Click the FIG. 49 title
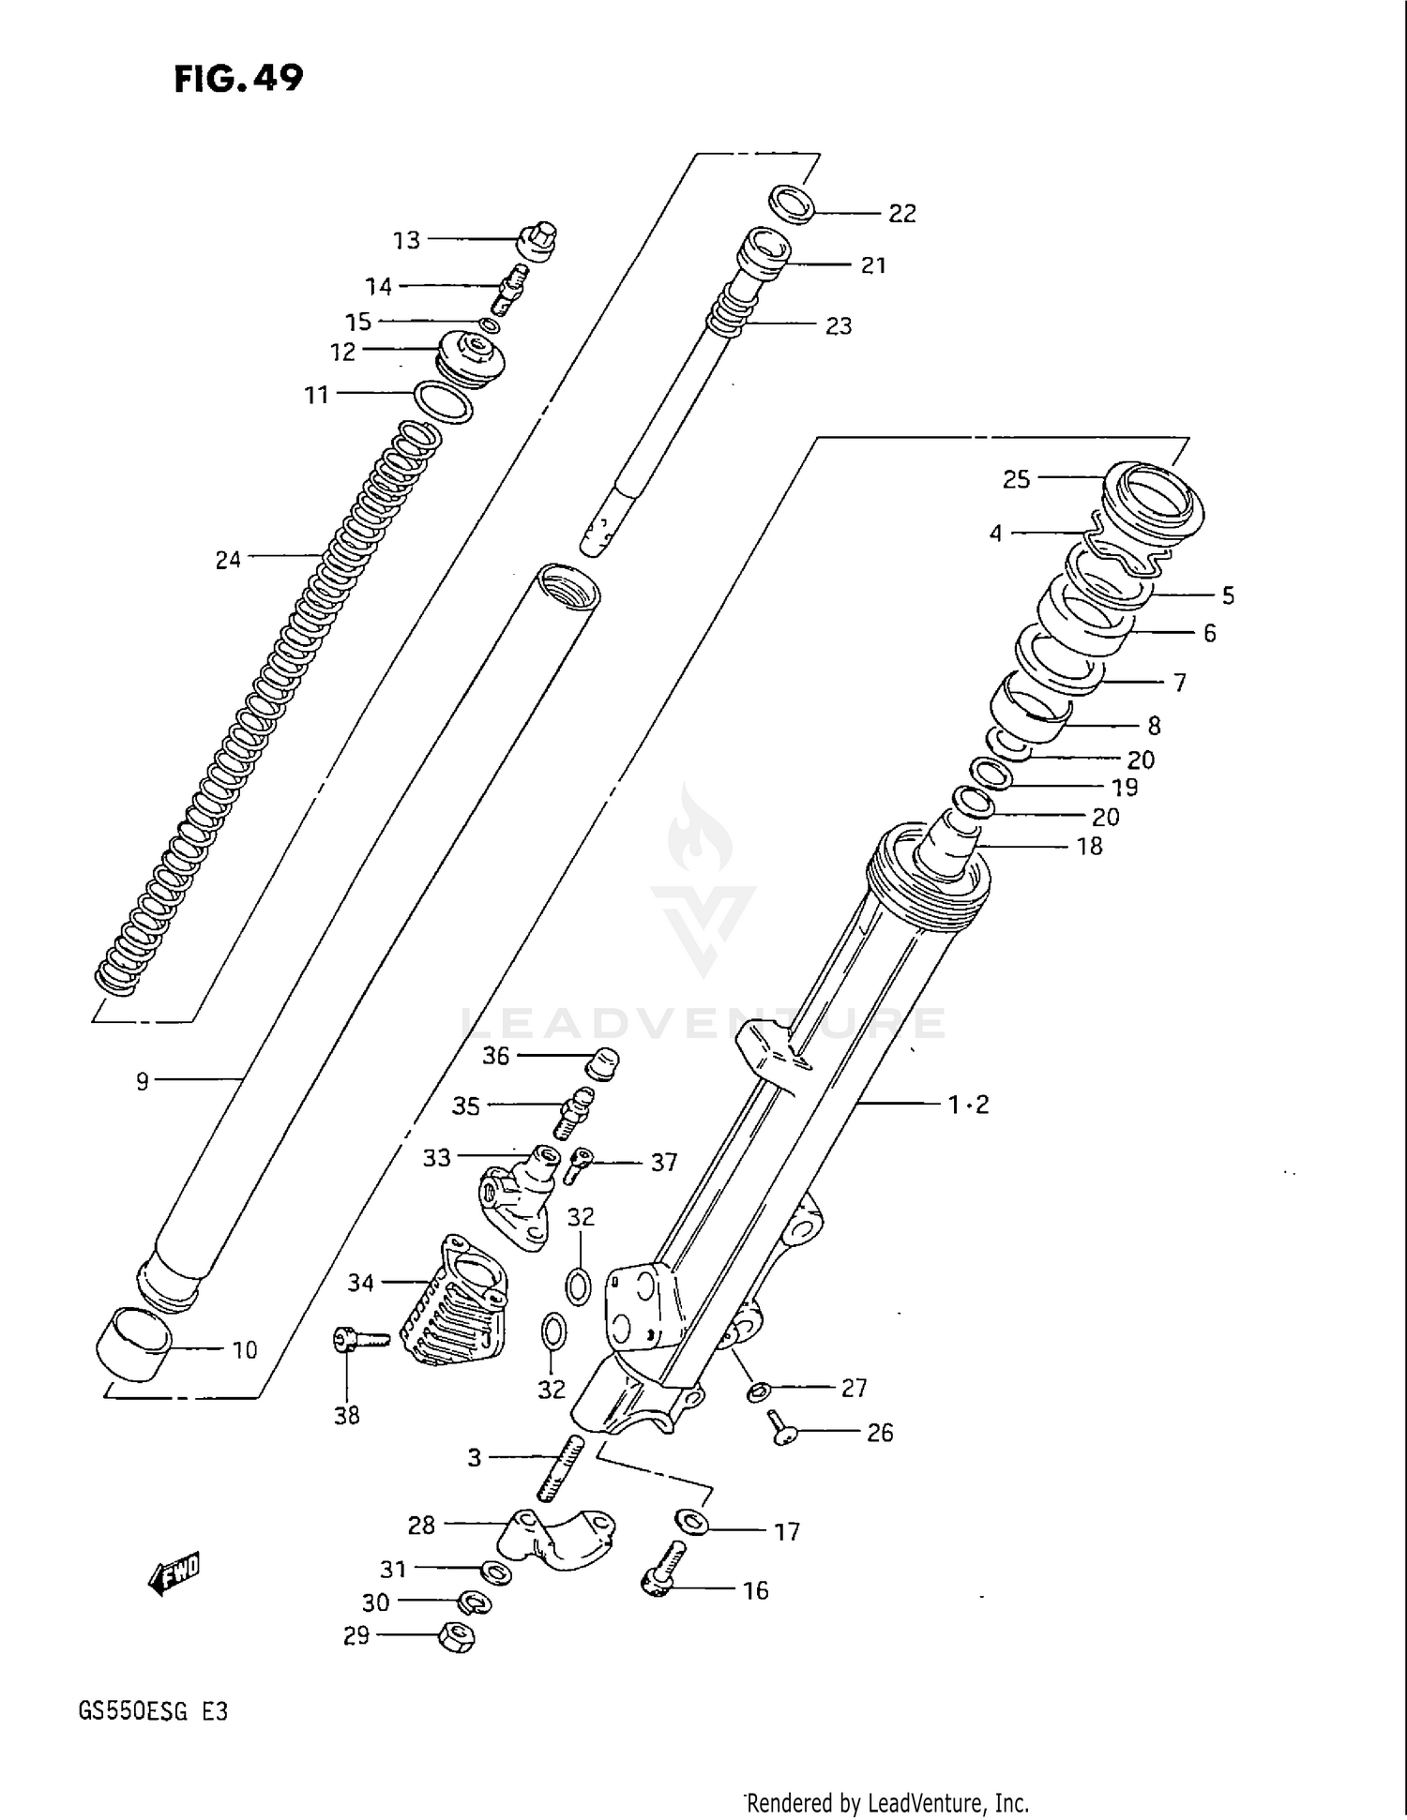click(x=239, y=79)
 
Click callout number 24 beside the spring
click(x=228, y=560)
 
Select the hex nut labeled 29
click(x=457, y=1637)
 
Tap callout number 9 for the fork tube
click(x=142, y=1082)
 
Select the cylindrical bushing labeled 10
click(x=133, y=1344)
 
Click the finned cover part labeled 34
click(x=455, y=1303)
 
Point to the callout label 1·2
click(x=968, y=1105)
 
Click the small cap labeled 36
click(x=602, y=1063)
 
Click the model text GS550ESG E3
click(x=153, y=1711)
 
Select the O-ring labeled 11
click(x=442, y=402)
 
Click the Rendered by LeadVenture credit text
click(x=887, y=1802)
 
